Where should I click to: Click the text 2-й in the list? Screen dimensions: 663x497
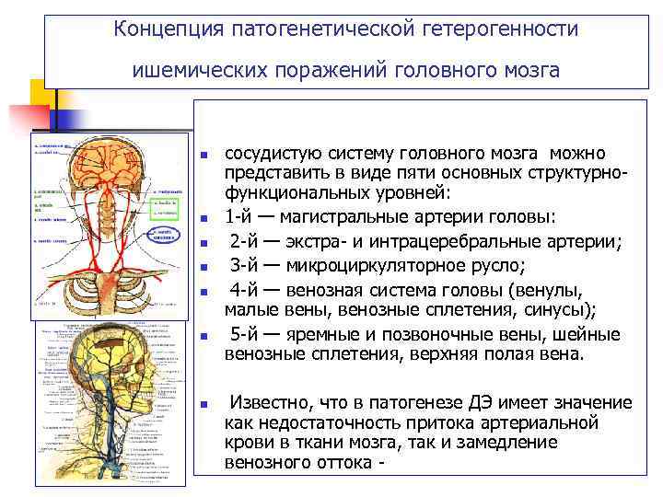point(246,242)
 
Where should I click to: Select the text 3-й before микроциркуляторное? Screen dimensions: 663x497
point(246,266)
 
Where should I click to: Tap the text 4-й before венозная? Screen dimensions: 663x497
point(246,290)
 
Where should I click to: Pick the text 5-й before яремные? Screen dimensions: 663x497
point(246,333)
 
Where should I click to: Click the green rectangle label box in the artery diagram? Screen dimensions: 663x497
point(167,203)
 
